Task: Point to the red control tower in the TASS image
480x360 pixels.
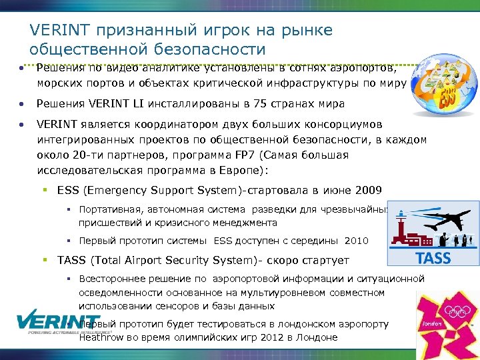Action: (401, 224)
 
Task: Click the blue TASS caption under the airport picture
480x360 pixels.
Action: (433, 259)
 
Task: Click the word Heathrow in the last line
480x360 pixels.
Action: (101, 337)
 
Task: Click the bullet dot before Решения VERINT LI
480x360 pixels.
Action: (22, 105)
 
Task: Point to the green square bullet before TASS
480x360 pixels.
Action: (46, 259)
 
